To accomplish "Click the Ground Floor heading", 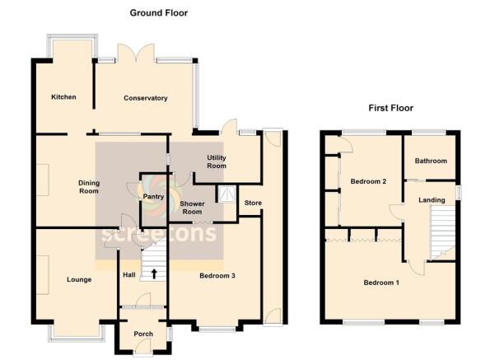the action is click(159, 13).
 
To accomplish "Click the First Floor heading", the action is click(391, 108).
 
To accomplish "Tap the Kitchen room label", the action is click(63, 97).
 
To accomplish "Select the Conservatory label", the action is click(146, 98).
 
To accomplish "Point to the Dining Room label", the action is click(89, 187).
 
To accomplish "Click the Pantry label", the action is click(153, 196).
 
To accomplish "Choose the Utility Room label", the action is click(217, 161).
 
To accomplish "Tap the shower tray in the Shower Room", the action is click(226, 194).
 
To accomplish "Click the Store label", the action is click(253, 203).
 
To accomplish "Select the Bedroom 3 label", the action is click(217, 276).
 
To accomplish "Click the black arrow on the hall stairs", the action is click(154, 274).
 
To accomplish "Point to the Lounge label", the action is click(79, 279).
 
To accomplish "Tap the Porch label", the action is click(143, 334).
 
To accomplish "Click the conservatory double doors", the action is click(137, 53).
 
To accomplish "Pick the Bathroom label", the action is click(431, 161).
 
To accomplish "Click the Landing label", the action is click(432, 200).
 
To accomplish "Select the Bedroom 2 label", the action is click(368, 181).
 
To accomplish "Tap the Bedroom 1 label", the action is click(381, 283).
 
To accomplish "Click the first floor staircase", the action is click(442, 233).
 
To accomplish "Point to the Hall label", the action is click(129, 275).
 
